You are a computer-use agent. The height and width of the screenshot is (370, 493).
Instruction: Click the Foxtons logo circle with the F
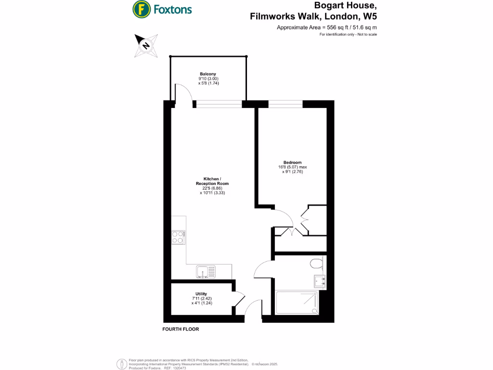tap(141, 9)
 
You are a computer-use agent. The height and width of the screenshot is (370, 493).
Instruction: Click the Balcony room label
tap(208, 74)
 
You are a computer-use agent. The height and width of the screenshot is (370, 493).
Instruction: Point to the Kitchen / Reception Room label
tap(212, 181)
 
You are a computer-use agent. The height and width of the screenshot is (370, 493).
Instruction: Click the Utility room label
tap(201, 294)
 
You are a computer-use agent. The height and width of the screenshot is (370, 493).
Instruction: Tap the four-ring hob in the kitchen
tap(178, 238)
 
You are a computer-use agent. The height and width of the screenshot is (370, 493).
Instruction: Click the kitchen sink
tap(206, 272)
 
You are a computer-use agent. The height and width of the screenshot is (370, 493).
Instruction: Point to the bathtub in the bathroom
tap(297, 302)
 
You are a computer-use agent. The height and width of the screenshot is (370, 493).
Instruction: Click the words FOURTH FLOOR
tap(181, 330)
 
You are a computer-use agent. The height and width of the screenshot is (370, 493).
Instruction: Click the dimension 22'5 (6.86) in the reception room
tap(212, 188)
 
